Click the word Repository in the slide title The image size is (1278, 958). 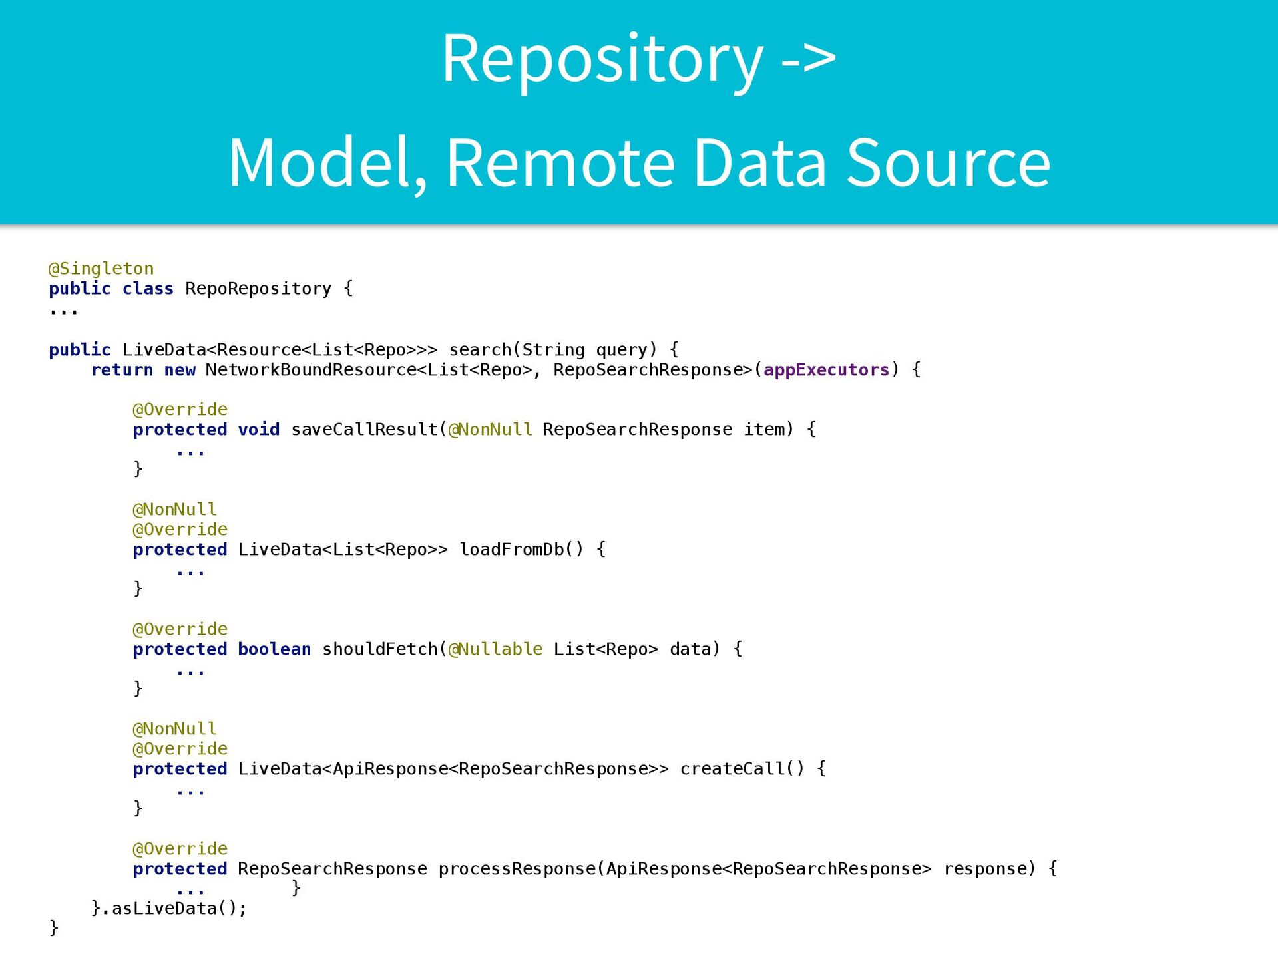pos(602,60)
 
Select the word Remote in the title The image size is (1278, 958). pos(560,163)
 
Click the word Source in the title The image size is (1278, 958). pos(949,163)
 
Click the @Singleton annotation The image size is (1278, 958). pos(101,269)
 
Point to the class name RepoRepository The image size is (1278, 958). pos(258,289)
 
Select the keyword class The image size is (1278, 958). pos(148,289)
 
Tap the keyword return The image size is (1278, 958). pos(122,370)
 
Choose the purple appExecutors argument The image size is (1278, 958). pos(826,370)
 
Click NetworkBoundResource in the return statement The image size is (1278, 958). pos(311,370)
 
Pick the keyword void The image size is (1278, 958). pos(258,430)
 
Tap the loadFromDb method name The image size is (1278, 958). pos(511,550)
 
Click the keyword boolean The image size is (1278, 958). pos(274,649)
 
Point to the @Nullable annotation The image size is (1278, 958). pos(495,649)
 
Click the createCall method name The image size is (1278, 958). pos(732,769)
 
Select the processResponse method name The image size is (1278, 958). pos(517,869)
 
